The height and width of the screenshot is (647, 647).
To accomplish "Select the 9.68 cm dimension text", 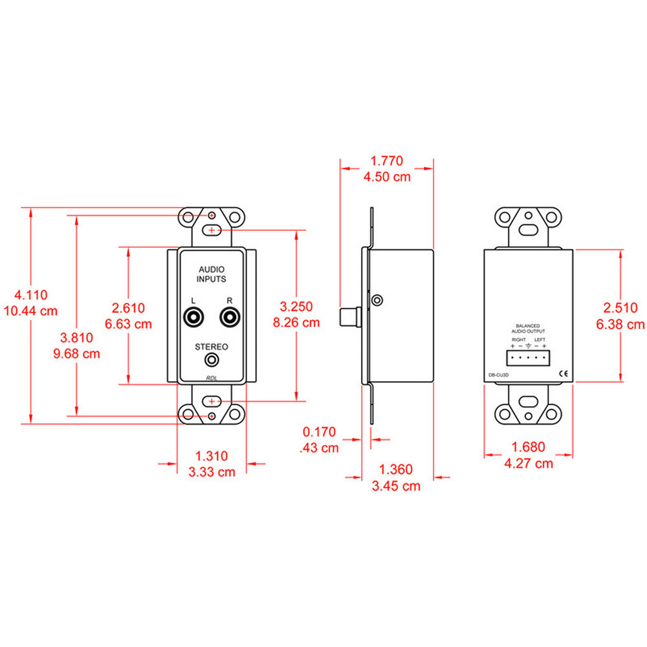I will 76,353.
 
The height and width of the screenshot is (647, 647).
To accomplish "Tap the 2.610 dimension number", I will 128,308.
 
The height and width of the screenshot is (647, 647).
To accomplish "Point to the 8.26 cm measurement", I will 296,322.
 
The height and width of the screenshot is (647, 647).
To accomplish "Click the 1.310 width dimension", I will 212,455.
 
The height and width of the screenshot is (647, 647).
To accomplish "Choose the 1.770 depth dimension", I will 387,160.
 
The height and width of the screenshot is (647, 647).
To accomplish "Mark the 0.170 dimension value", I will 320,431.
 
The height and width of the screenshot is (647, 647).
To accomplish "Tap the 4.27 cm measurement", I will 528,463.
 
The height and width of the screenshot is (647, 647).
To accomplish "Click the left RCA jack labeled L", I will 193,318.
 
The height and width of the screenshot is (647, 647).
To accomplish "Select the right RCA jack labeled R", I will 229,318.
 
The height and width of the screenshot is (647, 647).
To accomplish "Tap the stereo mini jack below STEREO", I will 211,360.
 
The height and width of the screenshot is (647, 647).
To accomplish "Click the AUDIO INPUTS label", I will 212,274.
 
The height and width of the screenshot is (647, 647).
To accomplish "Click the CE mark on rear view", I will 564,373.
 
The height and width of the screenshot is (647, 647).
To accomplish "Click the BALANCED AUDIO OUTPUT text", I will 528,329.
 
